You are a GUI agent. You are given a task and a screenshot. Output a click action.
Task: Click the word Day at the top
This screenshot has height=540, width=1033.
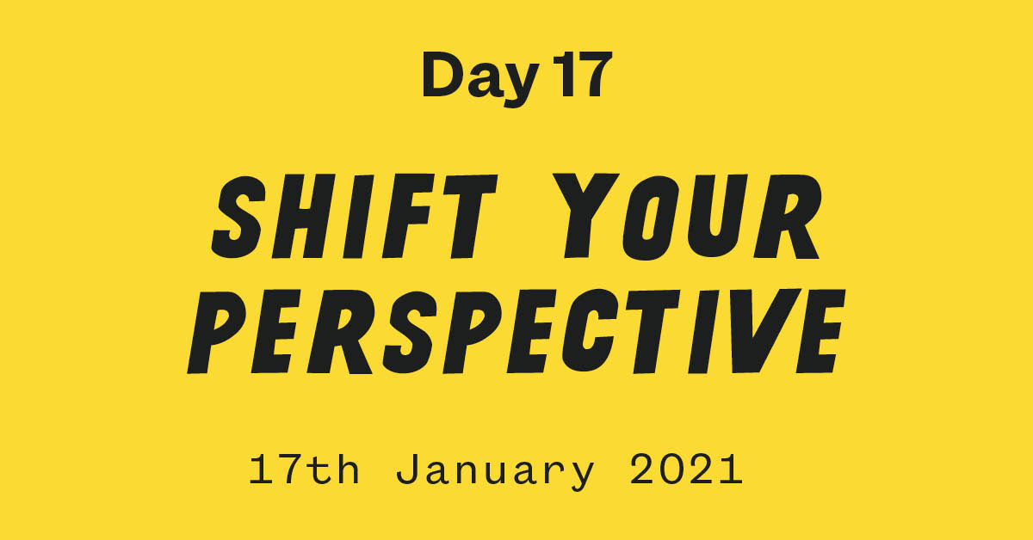point(480,79)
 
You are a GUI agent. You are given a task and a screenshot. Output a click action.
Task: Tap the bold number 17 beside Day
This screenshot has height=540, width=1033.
point(583,75)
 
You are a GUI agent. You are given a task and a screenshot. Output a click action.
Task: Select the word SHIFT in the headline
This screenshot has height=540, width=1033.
point(354,216)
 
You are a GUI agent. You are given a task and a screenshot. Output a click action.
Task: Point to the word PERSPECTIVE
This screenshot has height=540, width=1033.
point(516,331)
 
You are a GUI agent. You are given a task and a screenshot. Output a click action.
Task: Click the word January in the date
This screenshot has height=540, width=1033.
point(495,472)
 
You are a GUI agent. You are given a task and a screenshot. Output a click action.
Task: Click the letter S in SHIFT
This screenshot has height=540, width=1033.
point(239,217)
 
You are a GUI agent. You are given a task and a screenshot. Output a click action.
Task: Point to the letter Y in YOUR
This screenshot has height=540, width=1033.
point(585,215)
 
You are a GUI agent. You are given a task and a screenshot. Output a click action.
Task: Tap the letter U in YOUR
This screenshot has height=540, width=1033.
point(716,217)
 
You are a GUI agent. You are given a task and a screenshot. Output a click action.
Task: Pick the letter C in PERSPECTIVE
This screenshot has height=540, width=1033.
point(592,331)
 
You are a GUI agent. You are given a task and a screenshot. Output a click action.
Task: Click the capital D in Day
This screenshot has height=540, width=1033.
point(442,75)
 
